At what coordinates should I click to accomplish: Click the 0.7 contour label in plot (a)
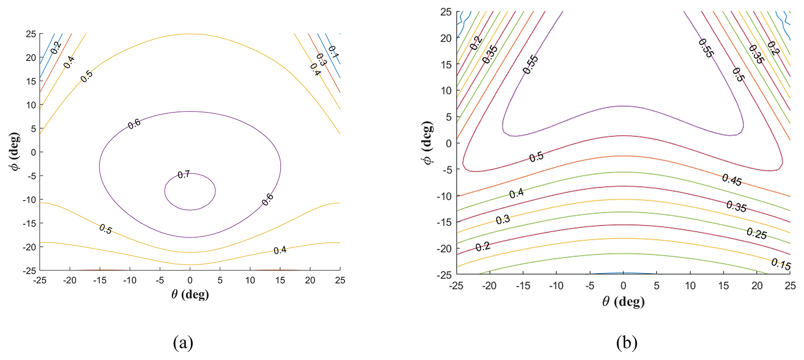pos(184,174)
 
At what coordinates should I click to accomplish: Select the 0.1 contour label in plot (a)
pos(333,52)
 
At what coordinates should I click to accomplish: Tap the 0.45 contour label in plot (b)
pos(732,180)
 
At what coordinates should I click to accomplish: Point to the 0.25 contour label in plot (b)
pos(756,234)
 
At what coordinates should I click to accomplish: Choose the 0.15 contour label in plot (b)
pos(781,264)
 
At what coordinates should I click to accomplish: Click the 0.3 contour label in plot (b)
pos(503,219)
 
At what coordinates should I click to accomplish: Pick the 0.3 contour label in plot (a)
pos(321,59)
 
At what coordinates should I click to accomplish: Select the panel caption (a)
pos(183,342)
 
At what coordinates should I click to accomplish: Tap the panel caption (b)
pos(626,342)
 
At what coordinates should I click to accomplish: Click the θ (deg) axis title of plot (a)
pos(190,294)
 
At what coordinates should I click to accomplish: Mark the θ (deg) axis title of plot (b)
pos(623,301)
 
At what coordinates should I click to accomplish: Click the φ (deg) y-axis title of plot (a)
pos(15,151)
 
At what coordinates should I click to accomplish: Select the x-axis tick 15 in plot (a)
pos(280,280)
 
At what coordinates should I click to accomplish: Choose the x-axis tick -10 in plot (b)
pos(556,286)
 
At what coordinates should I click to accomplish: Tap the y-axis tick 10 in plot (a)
pos(31,105)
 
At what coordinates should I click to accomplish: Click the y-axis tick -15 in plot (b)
pos(444,222)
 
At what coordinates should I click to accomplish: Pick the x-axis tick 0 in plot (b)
pos(623,286)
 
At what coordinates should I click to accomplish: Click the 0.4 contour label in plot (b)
pos(516,193)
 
